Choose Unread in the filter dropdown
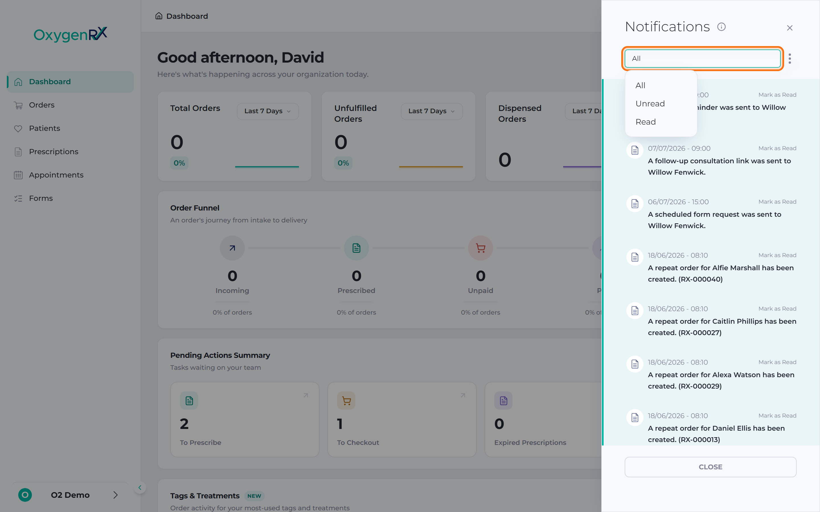point(650,104)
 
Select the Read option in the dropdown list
point(645,122)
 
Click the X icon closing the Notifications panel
point(790,28)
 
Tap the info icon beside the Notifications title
point(721,27)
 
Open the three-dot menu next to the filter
point(790,59)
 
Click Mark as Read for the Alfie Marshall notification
point(777,255)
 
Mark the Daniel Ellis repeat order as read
point(777,416)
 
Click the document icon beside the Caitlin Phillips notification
point(635,311)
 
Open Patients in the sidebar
point(44,128)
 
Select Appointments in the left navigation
point(56,175)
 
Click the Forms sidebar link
point(41,199)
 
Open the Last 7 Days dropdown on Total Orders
point(268,111)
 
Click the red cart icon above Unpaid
point(481,248)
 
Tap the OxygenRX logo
point(71,34)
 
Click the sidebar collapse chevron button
point(140,488)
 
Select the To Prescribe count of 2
point(184,424)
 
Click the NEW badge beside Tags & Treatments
point(254,496)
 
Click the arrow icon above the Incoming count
point(232,248)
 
